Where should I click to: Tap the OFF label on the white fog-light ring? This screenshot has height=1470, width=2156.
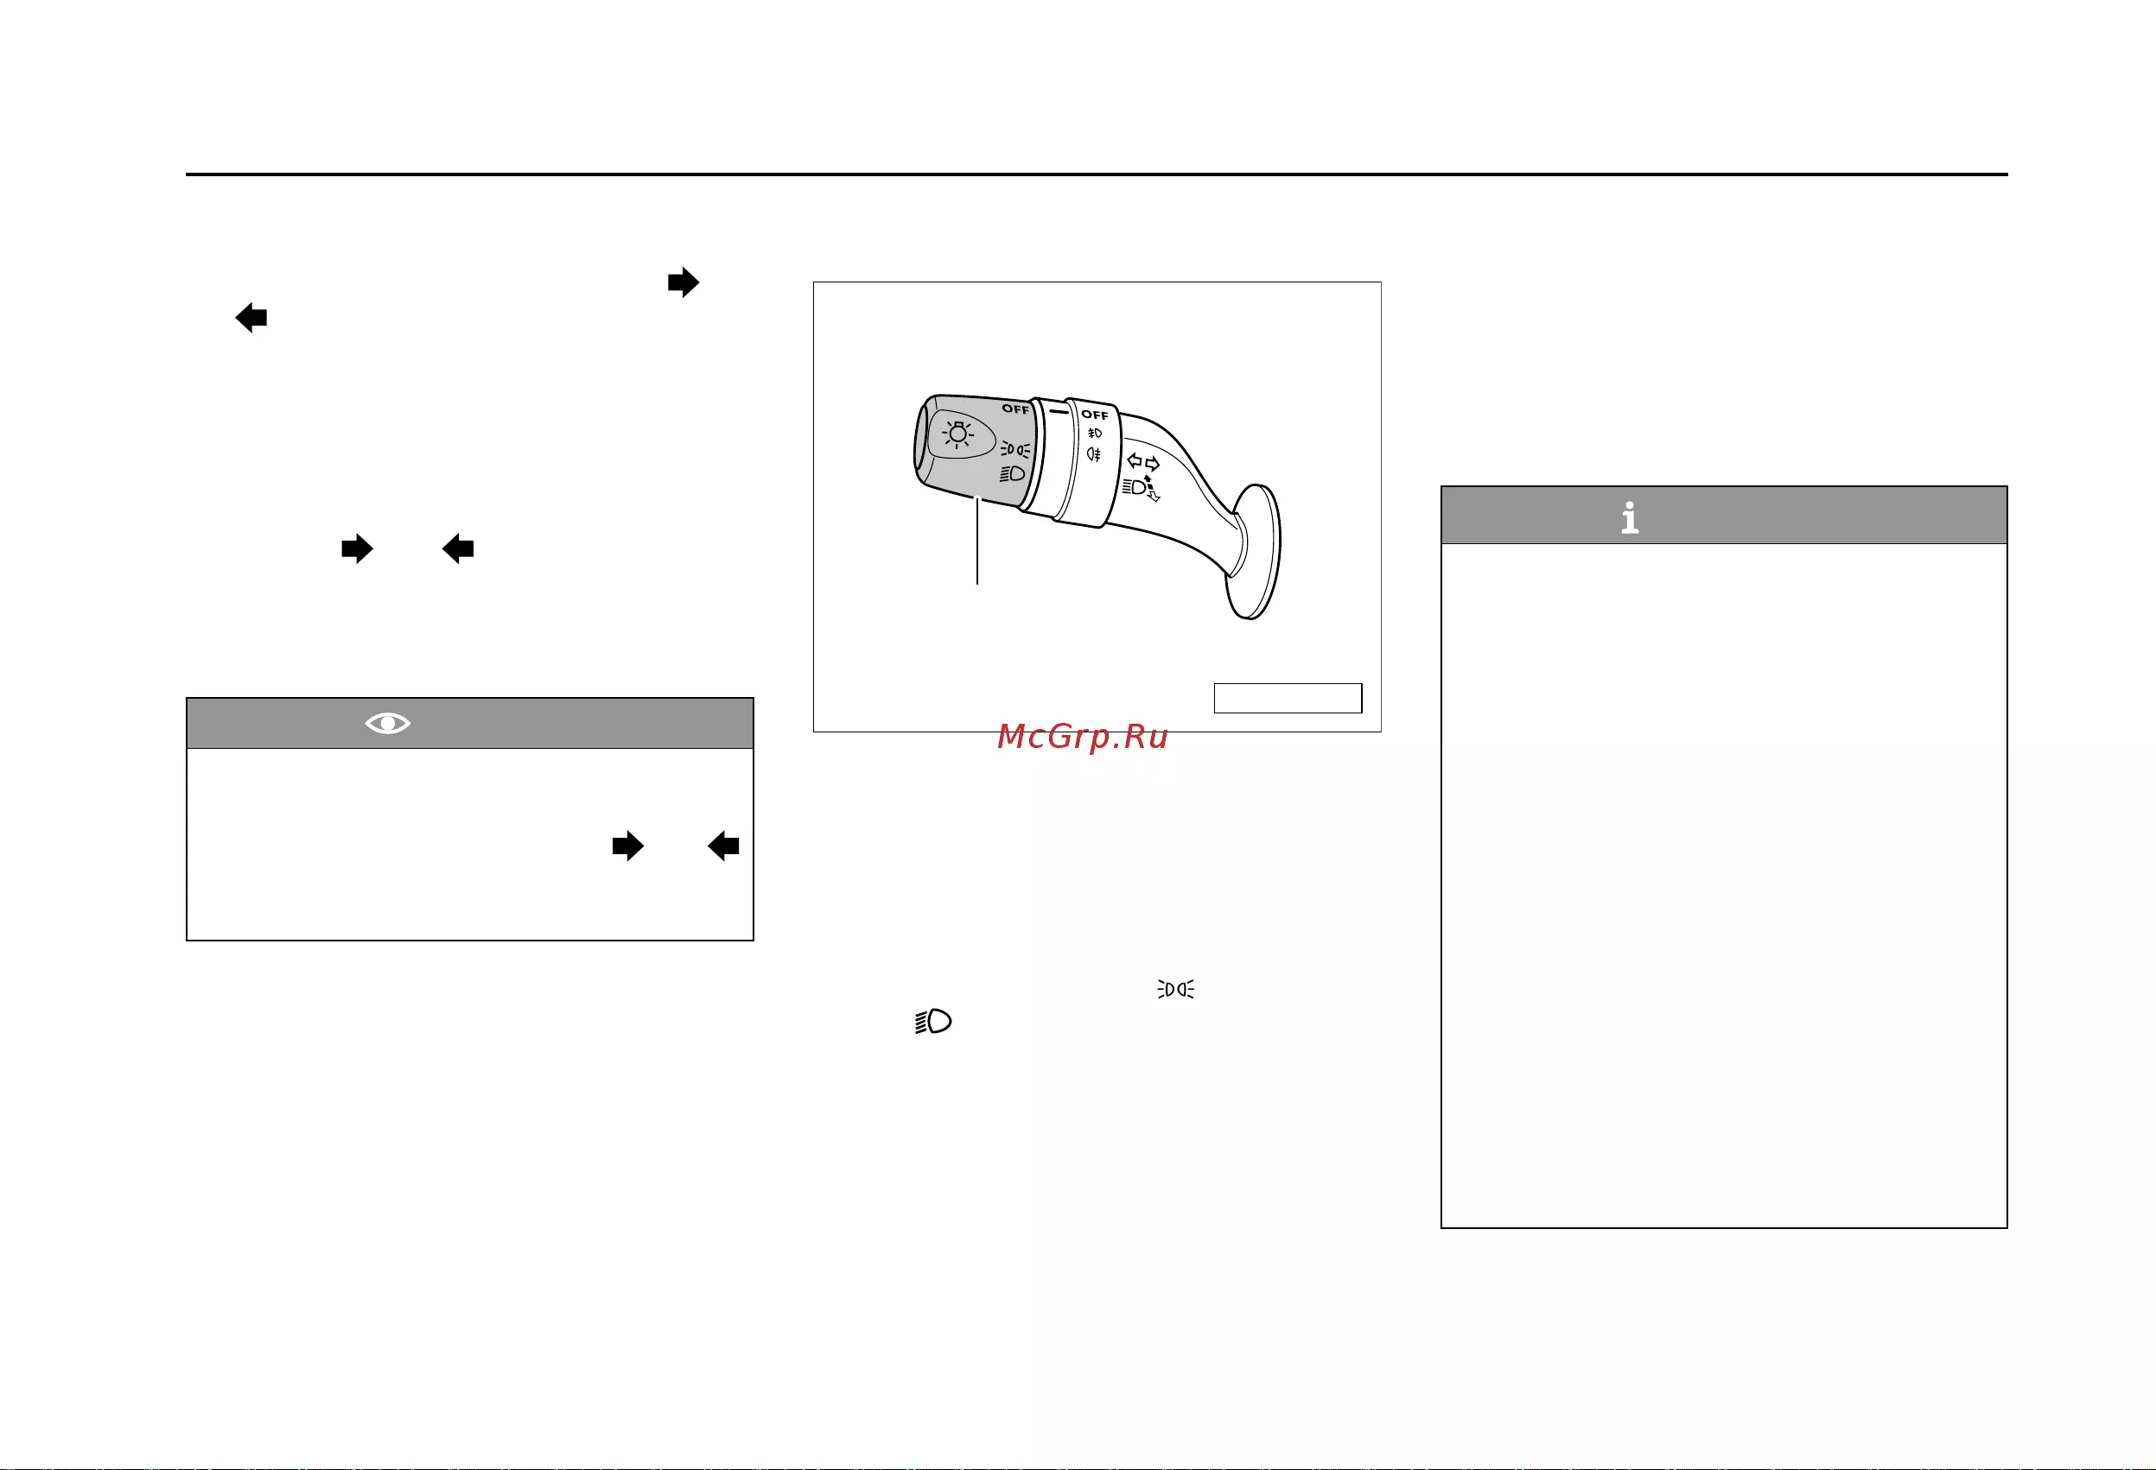(1095, 415)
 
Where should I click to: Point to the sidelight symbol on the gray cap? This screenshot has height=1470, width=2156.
(1014, 450)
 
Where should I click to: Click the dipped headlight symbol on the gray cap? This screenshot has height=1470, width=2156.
(1012, 474)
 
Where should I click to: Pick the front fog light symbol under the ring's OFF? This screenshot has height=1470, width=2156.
(1095, 433)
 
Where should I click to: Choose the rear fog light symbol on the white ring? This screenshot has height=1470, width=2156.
(1094, 454)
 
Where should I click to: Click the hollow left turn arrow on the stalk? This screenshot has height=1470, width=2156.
(1134, 460)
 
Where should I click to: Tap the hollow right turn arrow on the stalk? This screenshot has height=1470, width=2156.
(1152, 464)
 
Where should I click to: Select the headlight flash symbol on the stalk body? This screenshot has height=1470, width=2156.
(1142, 489)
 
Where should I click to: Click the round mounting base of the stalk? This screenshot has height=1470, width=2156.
(1254, 551)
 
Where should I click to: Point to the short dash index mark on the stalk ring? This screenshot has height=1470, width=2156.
(1059, 411)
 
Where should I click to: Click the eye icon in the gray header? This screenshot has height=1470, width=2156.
(388, 724)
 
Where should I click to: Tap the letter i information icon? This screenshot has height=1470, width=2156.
(1630, 517)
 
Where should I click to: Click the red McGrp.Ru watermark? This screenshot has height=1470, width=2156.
(1083, 737)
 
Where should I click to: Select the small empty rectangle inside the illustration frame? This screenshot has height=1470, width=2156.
(1288, 699)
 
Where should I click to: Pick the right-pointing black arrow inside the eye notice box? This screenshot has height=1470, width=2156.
(628, 846)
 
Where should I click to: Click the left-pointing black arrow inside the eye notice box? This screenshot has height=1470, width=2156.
(723, 846)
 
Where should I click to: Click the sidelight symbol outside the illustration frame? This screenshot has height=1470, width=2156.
(1175, 990)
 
